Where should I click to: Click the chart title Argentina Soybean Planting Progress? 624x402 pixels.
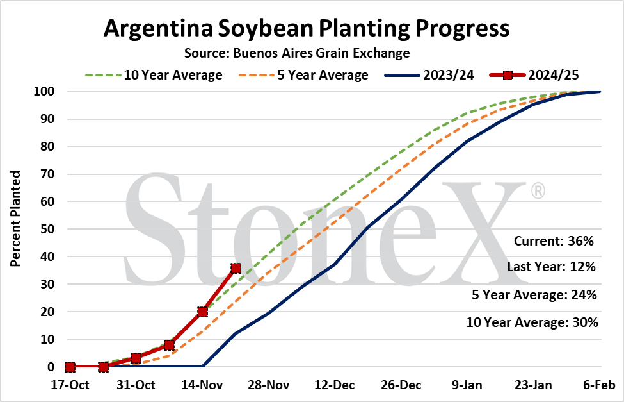click(307, 29)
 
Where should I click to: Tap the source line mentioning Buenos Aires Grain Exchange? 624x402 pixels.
click(297, 53)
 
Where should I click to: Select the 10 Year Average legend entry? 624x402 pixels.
click(154, 75)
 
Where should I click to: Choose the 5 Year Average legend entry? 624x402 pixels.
click(303, 75)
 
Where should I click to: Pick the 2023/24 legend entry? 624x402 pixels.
click(429, 75)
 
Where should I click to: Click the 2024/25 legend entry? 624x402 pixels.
click(534, 75)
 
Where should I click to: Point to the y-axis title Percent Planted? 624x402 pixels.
click(15, 219)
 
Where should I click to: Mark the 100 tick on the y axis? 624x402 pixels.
click(44, 92)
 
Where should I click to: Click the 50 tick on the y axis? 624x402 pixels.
click(47, 230)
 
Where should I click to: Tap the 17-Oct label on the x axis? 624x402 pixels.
click(70, 385)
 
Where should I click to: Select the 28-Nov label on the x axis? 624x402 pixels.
click(269, 385)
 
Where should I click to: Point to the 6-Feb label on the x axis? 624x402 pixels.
click(599, 385)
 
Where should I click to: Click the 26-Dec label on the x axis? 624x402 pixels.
click(401, 385)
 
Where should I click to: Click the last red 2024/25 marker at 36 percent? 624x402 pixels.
click(236, 268)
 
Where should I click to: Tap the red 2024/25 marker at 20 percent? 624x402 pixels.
click(203, 312)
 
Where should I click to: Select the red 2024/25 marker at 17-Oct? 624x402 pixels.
click(70, 367)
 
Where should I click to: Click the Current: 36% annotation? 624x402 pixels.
click(554, 241)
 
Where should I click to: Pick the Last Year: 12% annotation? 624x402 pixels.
click(551, 267)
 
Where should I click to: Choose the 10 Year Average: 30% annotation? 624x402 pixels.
click(532, 322)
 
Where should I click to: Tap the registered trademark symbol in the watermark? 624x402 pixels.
click(538, 190)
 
